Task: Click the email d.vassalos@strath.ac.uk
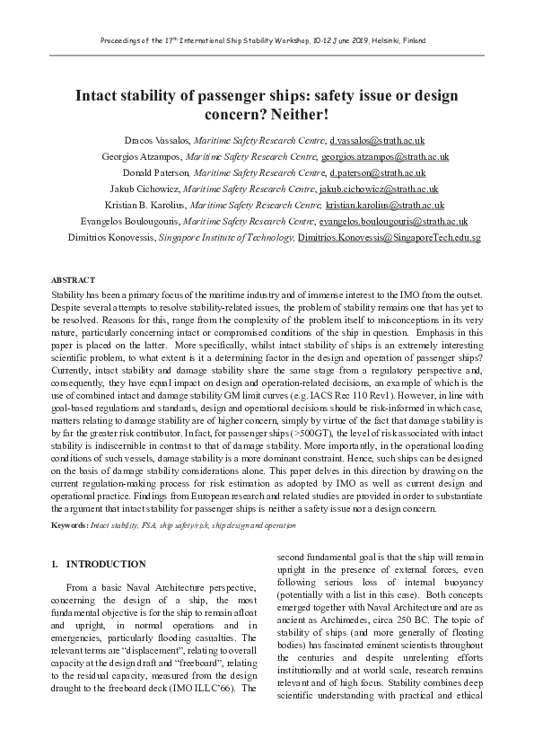pyautogui.click(x=377, y=141)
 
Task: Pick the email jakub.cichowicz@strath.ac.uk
pyautogui.click(x=378, y=189)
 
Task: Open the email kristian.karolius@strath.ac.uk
pyautogui.click(x=394, y=206)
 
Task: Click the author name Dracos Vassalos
pyautogui.click(x=155, y=141)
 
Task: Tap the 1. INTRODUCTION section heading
pyautogui.click(x=99, y=564)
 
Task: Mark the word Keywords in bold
pyautogui.click(x=69, y=523)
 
